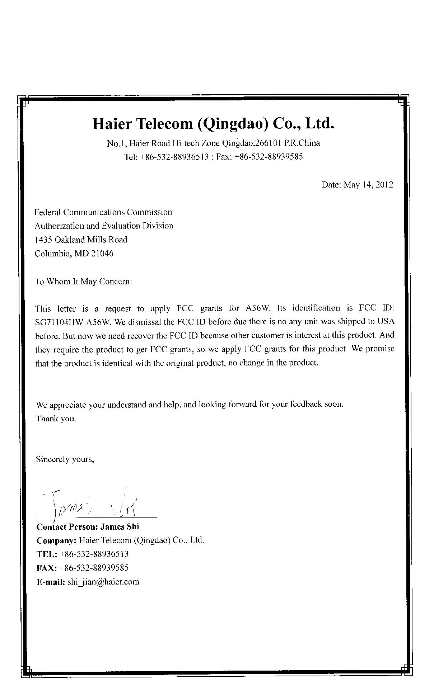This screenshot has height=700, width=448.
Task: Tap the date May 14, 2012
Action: [x=368, y=185]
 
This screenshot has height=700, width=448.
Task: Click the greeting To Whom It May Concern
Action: [x=83, y=282]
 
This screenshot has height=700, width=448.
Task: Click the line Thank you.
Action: [x=56, y=418]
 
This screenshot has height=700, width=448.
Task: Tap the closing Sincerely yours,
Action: [x=65, y=459]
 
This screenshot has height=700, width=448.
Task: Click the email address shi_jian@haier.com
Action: [x=103, y=582]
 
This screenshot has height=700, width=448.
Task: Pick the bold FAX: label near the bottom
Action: [x=47, y=568]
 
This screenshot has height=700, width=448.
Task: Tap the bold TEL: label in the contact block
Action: [x=47, y=554]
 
